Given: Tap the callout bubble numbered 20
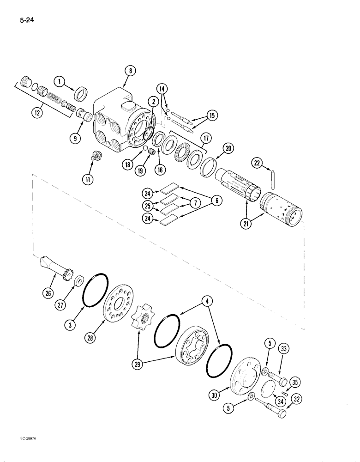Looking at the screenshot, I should pos(228,148).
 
